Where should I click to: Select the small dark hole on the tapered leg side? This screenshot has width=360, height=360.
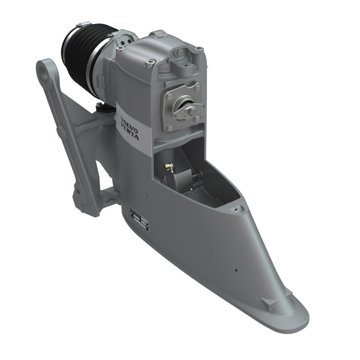236,269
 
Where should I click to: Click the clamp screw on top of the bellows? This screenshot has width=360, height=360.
82,25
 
